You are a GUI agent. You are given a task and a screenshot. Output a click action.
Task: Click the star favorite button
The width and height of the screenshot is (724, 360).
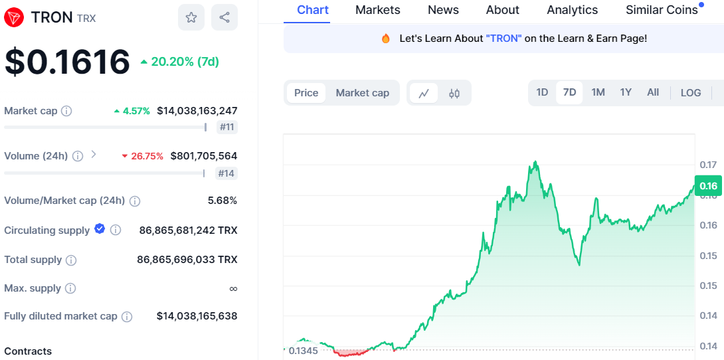191,17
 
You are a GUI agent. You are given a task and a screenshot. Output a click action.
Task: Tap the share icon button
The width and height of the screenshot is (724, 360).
225,17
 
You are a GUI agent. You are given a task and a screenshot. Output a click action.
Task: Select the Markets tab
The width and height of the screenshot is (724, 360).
378,10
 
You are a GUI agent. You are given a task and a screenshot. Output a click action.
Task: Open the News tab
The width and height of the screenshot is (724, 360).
443,10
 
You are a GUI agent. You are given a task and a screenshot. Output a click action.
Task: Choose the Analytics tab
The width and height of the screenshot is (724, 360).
572,10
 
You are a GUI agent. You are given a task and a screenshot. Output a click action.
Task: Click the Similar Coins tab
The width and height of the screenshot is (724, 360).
662,10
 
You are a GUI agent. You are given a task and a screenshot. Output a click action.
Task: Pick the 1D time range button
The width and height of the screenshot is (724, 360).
542,92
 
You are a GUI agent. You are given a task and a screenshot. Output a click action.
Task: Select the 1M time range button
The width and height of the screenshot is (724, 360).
598,92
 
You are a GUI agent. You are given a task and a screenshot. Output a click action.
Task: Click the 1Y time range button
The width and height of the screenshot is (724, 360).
626,92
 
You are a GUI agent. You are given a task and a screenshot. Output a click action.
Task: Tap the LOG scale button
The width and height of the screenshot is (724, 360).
691,93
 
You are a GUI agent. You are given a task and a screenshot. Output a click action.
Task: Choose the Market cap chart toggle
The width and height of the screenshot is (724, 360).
362,93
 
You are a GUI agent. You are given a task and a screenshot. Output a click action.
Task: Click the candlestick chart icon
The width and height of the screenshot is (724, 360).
454,94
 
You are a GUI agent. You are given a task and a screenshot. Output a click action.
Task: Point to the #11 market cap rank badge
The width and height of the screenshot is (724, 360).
226,127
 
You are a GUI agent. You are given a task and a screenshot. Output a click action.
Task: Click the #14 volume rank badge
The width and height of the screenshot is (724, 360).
226,173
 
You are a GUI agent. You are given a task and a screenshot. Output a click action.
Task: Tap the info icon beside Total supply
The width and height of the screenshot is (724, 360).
71,260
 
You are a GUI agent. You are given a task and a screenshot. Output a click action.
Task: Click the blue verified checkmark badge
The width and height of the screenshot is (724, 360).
100,229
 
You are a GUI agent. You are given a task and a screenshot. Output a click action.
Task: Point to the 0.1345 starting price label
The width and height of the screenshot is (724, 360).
303,350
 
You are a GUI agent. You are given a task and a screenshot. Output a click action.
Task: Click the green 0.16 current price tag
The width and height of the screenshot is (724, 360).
708,186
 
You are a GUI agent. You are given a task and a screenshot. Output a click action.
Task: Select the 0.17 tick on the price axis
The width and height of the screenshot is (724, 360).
707,165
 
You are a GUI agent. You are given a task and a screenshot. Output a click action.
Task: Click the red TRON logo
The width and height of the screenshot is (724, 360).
15,17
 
